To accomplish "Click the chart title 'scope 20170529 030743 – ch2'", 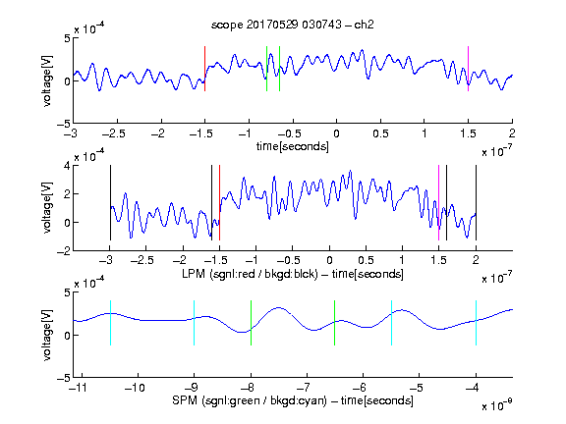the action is tap(293, 25).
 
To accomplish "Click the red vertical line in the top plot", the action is tap(204, 69).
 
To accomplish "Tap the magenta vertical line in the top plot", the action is tap(468, 69).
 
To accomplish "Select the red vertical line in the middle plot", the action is tap(219, 202).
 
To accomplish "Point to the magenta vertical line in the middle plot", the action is tap(438, 202).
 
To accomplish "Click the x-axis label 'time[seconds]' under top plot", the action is tap(293, 146).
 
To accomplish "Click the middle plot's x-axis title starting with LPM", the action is tap(293, 274).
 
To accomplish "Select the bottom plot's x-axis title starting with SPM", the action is tap(293, 400).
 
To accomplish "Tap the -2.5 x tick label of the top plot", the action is tap(113, 133).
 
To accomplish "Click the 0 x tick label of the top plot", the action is tap(336, 133).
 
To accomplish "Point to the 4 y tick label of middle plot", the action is tap(67, 166).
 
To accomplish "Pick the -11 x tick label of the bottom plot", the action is tap(79, 388).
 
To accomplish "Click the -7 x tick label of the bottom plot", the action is tap(304, 388).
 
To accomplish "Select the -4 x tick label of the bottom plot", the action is tap(473, 388).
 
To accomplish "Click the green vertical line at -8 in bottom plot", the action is tap(251, 323).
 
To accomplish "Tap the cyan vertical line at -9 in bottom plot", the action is tap(195, 323).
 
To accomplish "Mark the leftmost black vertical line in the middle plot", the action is tap(110, 202).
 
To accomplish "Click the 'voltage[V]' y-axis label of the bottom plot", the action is tap(47, 335).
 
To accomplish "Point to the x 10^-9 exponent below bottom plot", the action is tap(497, 405).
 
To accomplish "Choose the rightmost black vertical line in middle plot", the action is tap(477, 202).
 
